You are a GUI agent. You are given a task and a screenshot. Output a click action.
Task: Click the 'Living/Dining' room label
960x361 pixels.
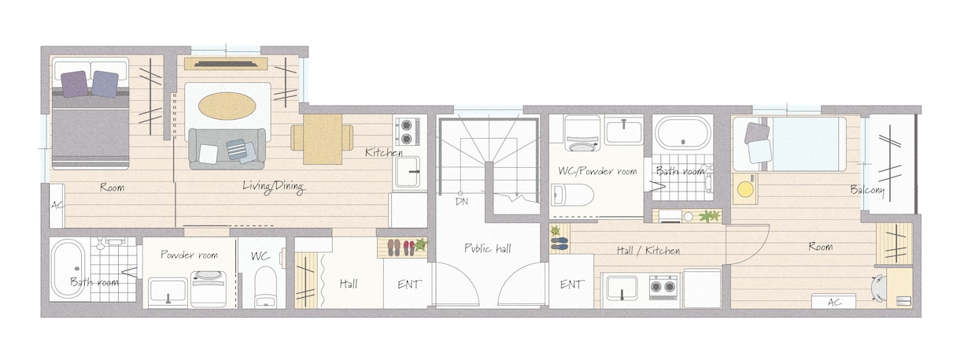pyautogui.click(x=273, y=187)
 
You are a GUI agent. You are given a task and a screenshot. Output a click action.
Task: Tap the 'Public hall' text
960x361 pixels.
pyautogui.click(x=488, y=248)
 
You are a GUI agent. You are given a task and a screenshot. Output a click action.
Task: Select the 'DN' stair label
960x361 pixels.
pyautogui.click(x=462, y=201)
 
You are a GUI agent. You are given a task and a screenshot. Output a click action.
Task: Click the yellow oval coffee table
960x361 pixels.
pyautogui.click(x=227, y=106)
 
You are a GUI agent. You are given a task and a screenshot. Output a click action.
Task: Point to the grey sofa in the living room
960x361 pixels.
pyautogui.click(x=227, y=148)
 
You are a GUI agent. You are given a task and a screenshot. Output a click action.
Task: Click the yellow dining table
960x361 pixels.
pyautogui.click(x=323, y=139)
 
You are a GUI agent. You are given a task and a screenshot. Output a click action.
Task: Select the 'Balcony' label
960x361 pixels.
pyautogui.click(x=867, y=190)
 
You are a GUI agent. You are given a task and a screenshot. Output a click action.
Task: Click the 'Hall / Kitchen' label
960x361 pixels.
pyautogui.click(x=648, y=250)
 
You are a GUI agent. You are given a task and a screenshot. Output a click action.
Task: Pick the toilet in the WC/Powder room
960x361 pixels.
pyautogui.click(x=572, y=195)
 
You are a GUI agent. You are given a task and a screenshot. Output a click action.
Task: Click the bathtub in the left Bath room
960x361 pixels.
pyautogui.click(x=68, y=269)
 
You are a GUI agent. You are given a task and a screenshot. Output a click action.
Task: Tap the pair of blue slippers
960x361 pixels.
pyautogui.click(x=559, y=244)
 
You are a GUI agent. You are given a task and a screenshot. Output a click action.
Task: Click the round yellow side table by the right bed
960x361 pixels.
pyautogui.click(x=744, y=189)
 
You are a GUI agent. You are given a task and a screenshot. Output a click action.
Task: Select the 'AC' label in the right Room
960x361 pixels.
pyautogui.click(x=834, y=302)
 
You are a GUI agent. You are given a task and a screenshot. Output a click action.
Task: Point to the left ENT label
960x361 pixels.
pyautogui.click(x=409, y=285)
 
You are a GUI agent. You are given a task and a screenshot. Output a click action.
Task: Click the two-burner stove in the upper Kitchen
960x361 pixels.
pyautogui.click(x=406, y=132)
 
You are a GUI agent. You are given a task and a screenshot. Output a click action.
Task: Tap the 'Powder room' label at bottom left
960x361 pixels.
pyautogui.click(x=189, y=255)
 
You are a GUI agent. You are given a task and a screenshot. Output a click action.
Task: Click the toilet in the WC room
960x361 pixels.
pyautogui.click(x=265, y=287)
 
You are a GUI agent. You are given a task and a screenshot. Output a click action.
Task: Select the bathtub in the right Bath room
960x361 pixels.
pyautogui.click(x=682, y=132)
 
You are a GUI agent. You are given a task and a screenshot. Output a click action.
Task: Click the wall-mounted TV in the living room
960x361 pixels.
pyautogui.click(x=227, y=65)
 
